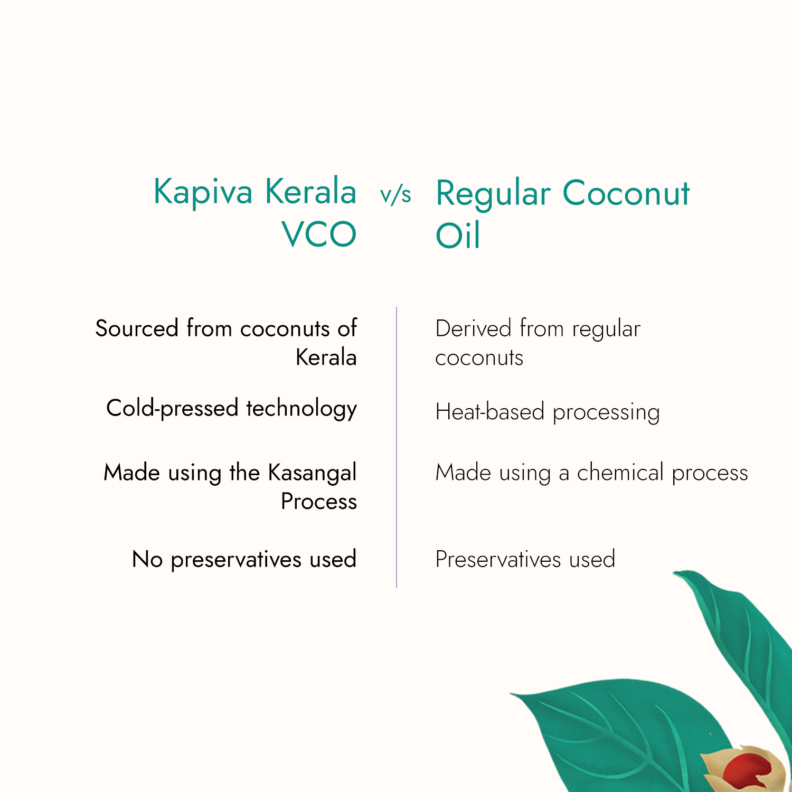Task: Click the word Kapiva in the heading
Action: (x=203, y=192)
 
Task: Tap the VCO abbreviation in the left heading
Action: (x=319, y=234)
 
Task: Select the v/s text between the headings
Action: (x=395, y=195)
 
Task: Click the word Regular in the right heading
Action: (x=493, y=194)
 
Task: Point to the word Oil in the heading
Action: (x=457, y=235)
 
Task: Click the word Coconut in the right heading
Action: (x=626, y=193)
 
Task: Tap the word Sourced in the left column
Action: (x=137, y=328)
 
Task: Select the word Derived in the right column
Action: (x=473, y=328)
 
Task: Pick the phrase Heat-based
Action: (x=489, y=412)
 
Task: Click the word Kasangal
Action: (x=312, y=473)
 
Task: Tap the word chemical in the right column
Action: (x=620, y=473)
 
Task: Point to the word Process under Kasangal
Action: (x=319, y=502)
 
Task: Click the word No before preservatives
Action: (x=147, y=560)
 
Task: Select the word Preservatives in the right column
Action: (x=498, y=560)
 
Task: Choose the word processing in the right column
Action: (x=606, y=413)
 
